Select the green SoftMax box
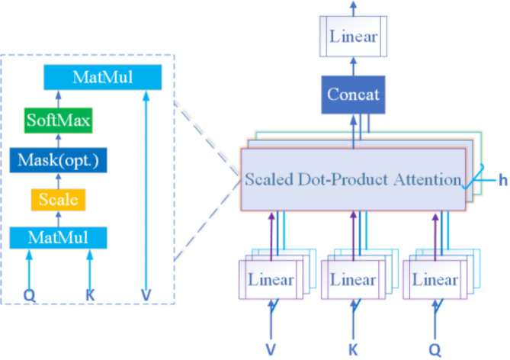(58, 120)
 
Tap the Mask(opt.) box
(58, 160)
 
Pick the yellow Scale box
(58, 200)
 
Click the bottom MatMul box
(58, 239)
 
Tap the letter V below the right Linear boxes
(269, 348)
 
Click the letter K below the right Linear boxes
(352, 348)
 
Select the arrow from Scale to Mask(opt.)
(58, 180)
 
